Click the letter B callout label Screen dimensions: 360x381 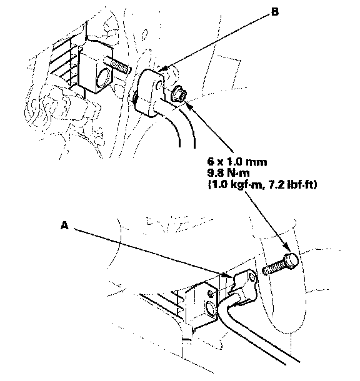274,12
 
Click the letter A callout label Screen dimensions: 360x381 64,225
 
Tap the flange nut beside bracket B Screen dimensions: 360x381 178,94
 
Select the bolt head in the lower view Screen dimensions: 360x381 291,260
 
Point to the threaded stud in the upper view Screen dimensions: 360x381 117,66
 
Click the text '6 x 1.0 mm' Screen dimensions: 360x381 237,162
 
